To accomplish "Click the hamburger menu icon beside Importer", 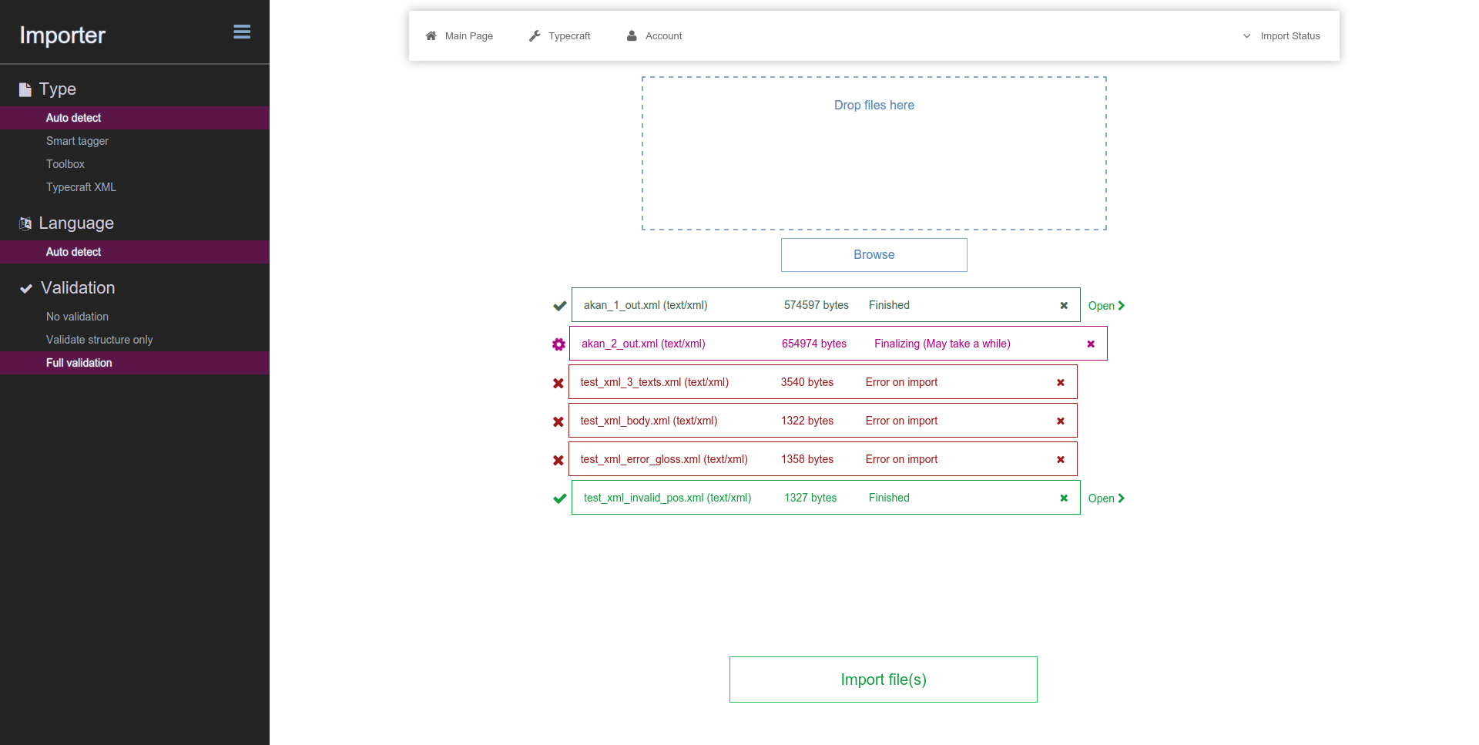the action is pyautogui.click(x=242, y=32).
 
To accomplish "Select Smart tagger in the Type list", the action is pyautogui.click(x=77, y=141).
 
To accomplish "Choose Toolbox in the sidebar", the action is pyautogui.click(x=65, y=164).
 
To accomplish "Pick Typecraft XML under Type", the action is pyautogui.click(x=81, y=187).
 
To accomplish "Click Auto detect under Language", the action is pyautogui.click(x=73, y=252).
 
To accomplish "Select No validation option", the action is pyautogui.click(x=77, y=317).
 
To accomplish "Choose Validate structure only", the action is pyautogui.click(x=99, y=340).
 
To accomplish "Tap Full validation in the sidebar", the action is pyautogui.click(x=79, y=363).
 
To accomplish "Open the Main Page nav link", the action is pyautogui.click(x=459, y=36).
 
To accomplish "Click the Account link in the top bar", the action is pyautogui.click(x=655, y=36).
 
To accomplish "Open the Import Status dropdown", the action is pyautogui.click(x=1281, y=36).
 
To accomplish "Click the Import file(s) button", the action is pyautogui.click(x=884, y=680).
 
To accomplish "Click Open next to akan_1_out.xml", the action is pyautogui.click(x=1106, y=306).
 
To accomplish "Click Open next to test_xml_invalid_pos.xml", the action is pyautogui.click(x=1106, y=498).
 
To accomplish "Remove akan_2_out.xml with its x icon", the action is pyautogui.click(x=1091, y=344).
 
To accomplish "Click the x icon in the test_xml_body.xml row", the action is pyautogui.click(x=1061, y=421).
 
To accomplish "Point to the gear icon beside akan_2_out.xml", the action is pyautogui.click(x=558, y=344).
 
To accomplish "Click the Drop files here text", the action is pyautogui.click(x=874, y=106).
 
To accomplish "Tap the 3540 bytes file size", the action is pyautogui.click(x=807, y=382).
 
